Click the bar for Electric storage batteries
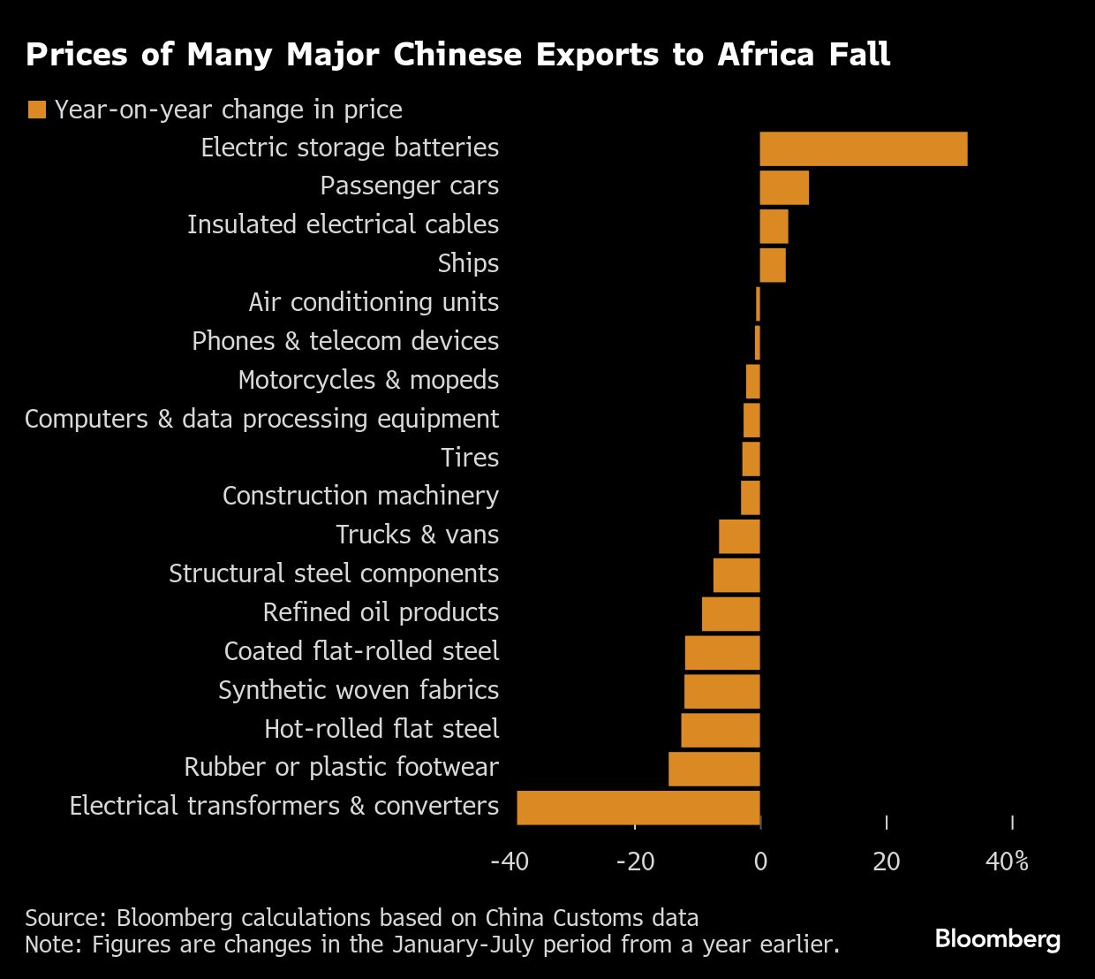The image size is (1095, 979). pyautogui.click(x=864, y=148)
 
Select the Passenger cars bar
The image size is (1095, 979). pyautogui.click(x=784, y=187)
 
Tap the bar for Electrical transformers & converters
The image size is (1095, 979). pyautogui.click(x=638, y=808)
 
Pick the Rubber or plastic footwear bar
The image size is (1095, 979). pyautogui.click(x=714, y=769)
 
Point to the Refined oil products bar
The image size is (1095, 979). pyautogui.click(x=731, y=614)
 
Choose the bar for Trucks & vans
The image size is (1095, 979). pyautogui.click(x=739, y=536)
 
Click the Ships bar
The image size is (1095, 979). pyautogui.click(x=773, y=265)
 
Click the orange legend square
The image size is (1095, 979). pyautogui.click(x=36, y=110)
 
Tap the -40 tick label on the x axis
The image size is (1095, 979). pyautogui.click(x=510, y=861)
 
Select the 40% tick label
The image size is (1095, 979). pyautogui.click(x=1008, y=861)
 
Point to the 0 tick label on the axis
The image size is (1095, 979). pyautogui.click(x=760, y=861)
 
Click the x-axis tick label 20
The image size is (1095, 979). pyautogui.click(x=886, y=861)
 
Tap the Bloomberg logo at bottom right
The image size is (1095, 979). pyautogui.click(x=997, y=938)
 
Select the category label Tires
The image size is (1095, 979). pyautogui.click(x=470, y=458)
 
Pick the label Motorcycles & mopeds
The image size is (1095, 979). pyautogui.click(x=368, y=380)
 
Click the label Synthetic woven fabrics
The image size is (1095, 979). pyautogui.click(x=359, y=690)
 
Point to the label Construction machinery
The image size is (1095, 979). pyautogui.click(x=360, y=496)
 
